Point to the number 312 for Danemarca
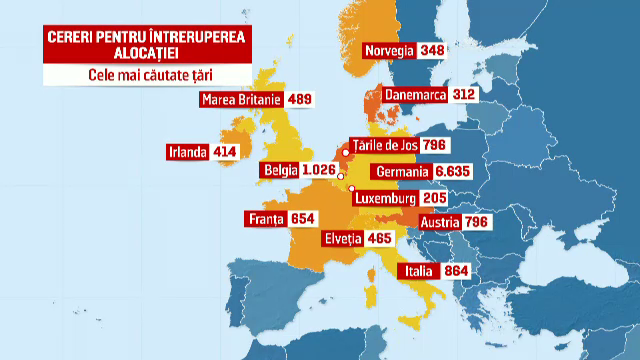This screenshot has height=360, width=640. (x=462, y=95)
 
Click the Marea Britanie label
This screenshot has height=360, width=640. (x=241, y=99)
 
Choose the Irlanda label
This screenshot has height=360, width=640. (x=189, y=152)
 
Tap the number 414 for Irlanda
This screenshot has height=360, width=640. (x=227, y=152)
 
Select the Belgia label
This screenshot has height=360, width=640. (x=280, y=171)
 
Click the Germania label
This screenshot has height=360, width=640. (x=401, y=171)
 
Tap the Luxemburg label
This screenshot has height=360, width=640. (x=385, y=198)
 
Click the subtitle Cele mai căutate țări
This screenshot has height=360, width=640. (x=132, y=73)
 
